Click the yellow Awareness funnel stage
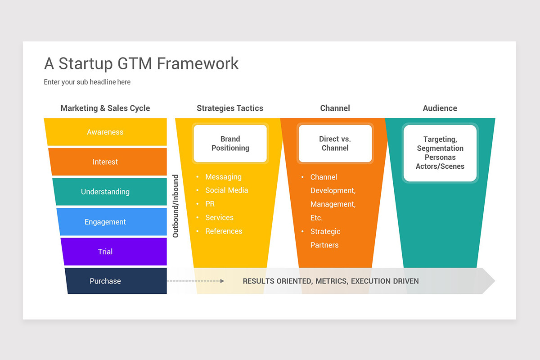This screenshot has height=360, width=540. click(x=105, y=132)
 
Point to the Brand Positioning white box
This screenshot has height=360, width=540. click(x=230, y=144)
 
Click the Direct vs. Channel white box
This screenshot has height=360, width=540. click(x=335, y=144)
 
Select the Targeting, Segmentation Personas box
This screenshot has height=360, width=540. click(x=440, y=153)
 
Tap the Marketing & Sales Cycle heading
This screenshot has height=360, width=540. click(x=105, y=108)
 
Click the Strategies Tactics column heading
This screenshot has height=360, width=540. click(x=230, y=108)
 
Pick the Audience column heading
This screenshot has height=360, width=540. click(x=440, y=108)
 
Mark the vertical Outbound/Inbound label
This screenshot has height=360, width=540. click(x=175, y=206)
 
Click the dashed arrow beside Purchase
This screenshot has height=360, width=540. click(x=195, y=281)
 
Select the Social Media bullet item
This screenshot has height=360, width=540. click(x=226, y=190)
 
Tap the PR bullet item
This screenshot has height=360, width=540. click(x=210, y=204)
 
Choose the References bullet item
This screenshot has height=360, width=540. click(x=224, y=231)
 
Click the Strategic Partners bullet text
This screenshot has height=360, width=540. click(x=325, y=238)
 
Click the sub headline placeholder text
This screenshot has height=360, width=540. click(x=87, y=82)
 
